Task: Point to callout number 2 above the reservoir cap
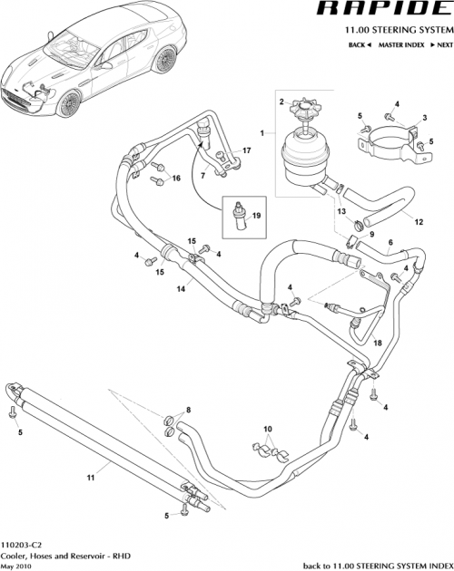[x=282, y=101]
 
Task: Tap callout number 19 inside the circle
[x=256, y=216]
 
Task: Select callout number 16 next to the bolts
[x=176, y=179]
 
